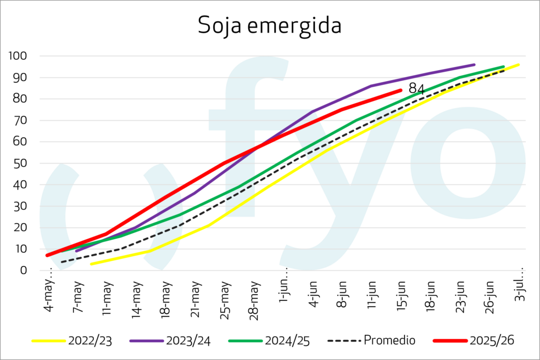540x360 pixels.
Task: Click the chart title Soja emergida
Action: point(269,26)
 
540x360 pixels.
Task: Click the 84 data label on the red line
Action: point(417,89)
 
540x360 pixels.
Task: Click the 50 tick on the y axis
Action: point(20,163)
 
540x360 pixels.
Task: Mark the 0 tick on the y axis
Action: point(23,270)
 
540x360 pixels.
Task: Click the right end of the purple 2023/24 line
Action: point(474,65)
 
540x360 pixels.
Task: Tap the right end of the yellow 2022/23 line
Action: point(519,64)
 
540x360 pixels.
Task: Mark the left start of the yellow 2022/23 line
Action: point(91,264)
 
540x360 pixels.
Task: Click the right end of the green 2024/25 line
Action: point(504,67)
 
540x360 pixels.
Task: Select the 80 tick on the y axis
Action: point(20,99)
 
